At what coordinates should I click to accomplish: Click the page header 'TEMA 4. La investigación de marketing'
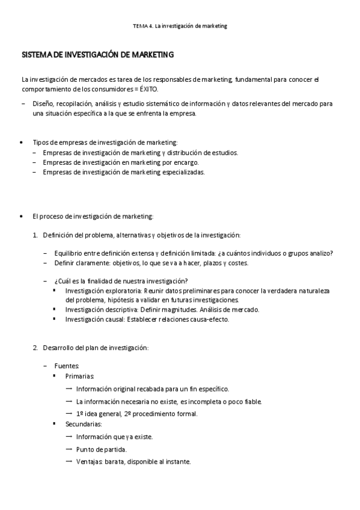pos(180,26)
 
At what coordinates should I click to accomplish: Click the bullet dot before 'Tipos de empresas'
pos(22,143)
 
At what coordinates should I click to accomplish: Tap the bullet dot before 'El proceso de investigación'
pos(22,216)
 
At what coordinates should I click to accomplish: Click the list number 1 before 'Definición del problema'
pos(35,235)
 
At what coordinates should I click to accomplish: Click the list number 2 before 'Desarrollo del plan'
pos(35,348)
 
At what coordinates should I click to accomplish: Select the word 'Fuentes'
pos(66,366)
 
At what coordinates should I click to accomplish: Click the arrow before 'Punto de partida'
pos(69,449)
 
